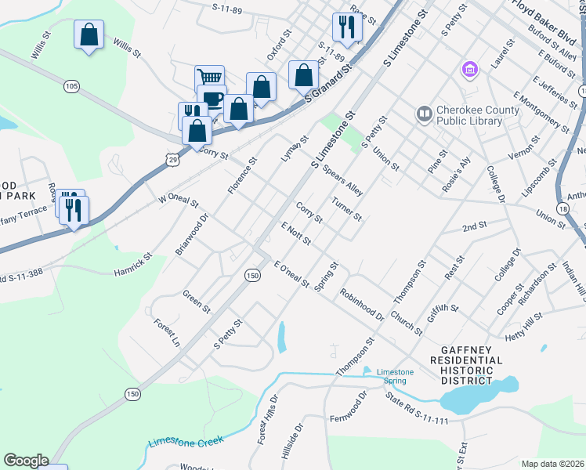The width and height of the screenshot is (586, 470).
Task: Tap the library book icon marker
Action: click(x=425, y=115)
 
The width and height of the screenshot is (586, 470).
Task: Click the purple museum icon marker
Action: click(x=469, y=70)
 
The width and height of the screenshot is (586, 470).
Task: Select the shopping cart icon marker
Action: click(x=209, y=78)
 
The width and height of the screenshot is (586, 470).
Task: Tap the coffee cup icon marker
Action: click(x=212, y=98)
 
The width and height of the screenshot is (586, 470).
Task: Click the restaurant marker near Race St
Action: click(x=345, y=27)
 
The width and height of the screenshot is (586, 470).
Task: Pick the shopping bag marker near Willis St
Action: click(x=89, y=34)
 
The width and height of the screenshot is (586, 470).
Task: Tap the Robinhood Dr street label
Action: click(x=361, y=305)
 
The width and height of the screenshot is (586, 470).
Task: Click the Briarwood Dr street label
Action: click(x=191, y=233)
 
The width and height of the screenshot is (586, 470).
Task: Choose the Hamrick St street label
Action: click(x=136, y=263)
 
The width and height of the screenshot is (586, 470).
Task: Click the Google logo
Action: click(x=26, y=461)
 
